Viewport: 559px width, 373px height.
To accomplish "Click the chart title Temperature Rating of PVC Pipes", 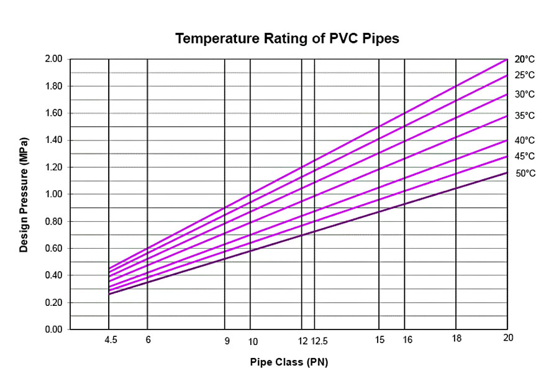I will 286,39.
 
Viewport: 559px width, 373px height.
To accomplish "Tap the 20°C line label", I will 524,60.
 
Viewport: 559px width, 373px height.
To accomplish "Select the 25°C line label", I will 524,75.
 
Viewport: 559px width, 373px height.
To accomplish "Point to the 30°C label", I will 524,94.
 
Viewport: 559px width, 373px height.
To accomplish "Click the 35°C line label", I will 524,116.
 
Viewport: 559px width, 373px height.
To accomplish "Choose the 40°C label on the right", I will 524,140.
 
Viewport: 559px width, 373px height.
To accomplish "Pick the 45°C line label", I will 524,156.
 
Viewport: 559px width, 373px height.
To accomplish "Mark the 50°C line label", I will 524,173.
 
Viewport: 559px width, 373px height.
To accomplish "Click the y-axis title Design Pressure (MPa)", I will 24,194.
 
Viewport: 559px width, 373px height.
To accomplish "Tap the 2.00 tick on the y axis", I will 54,59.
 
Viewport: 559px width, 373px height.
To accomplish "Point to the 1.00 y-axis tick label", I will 54,194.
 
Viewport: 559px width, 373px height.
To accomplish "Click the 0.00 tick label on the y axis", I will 54,329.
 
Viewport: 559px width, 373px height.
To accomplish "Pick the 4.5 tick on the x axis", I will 111,340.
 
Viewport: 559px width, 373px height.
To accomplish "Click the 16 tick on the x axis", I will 407,340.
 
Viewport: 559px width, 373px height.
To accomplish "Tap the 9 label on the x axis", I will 227,340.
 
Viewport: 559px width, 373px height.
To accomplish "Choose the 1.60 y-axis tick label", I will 54,113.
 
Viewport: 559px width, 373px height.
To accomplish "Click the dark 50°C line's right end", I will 507,172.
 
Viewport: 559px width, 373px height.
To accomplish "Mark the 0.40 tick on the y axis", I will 54,275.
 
